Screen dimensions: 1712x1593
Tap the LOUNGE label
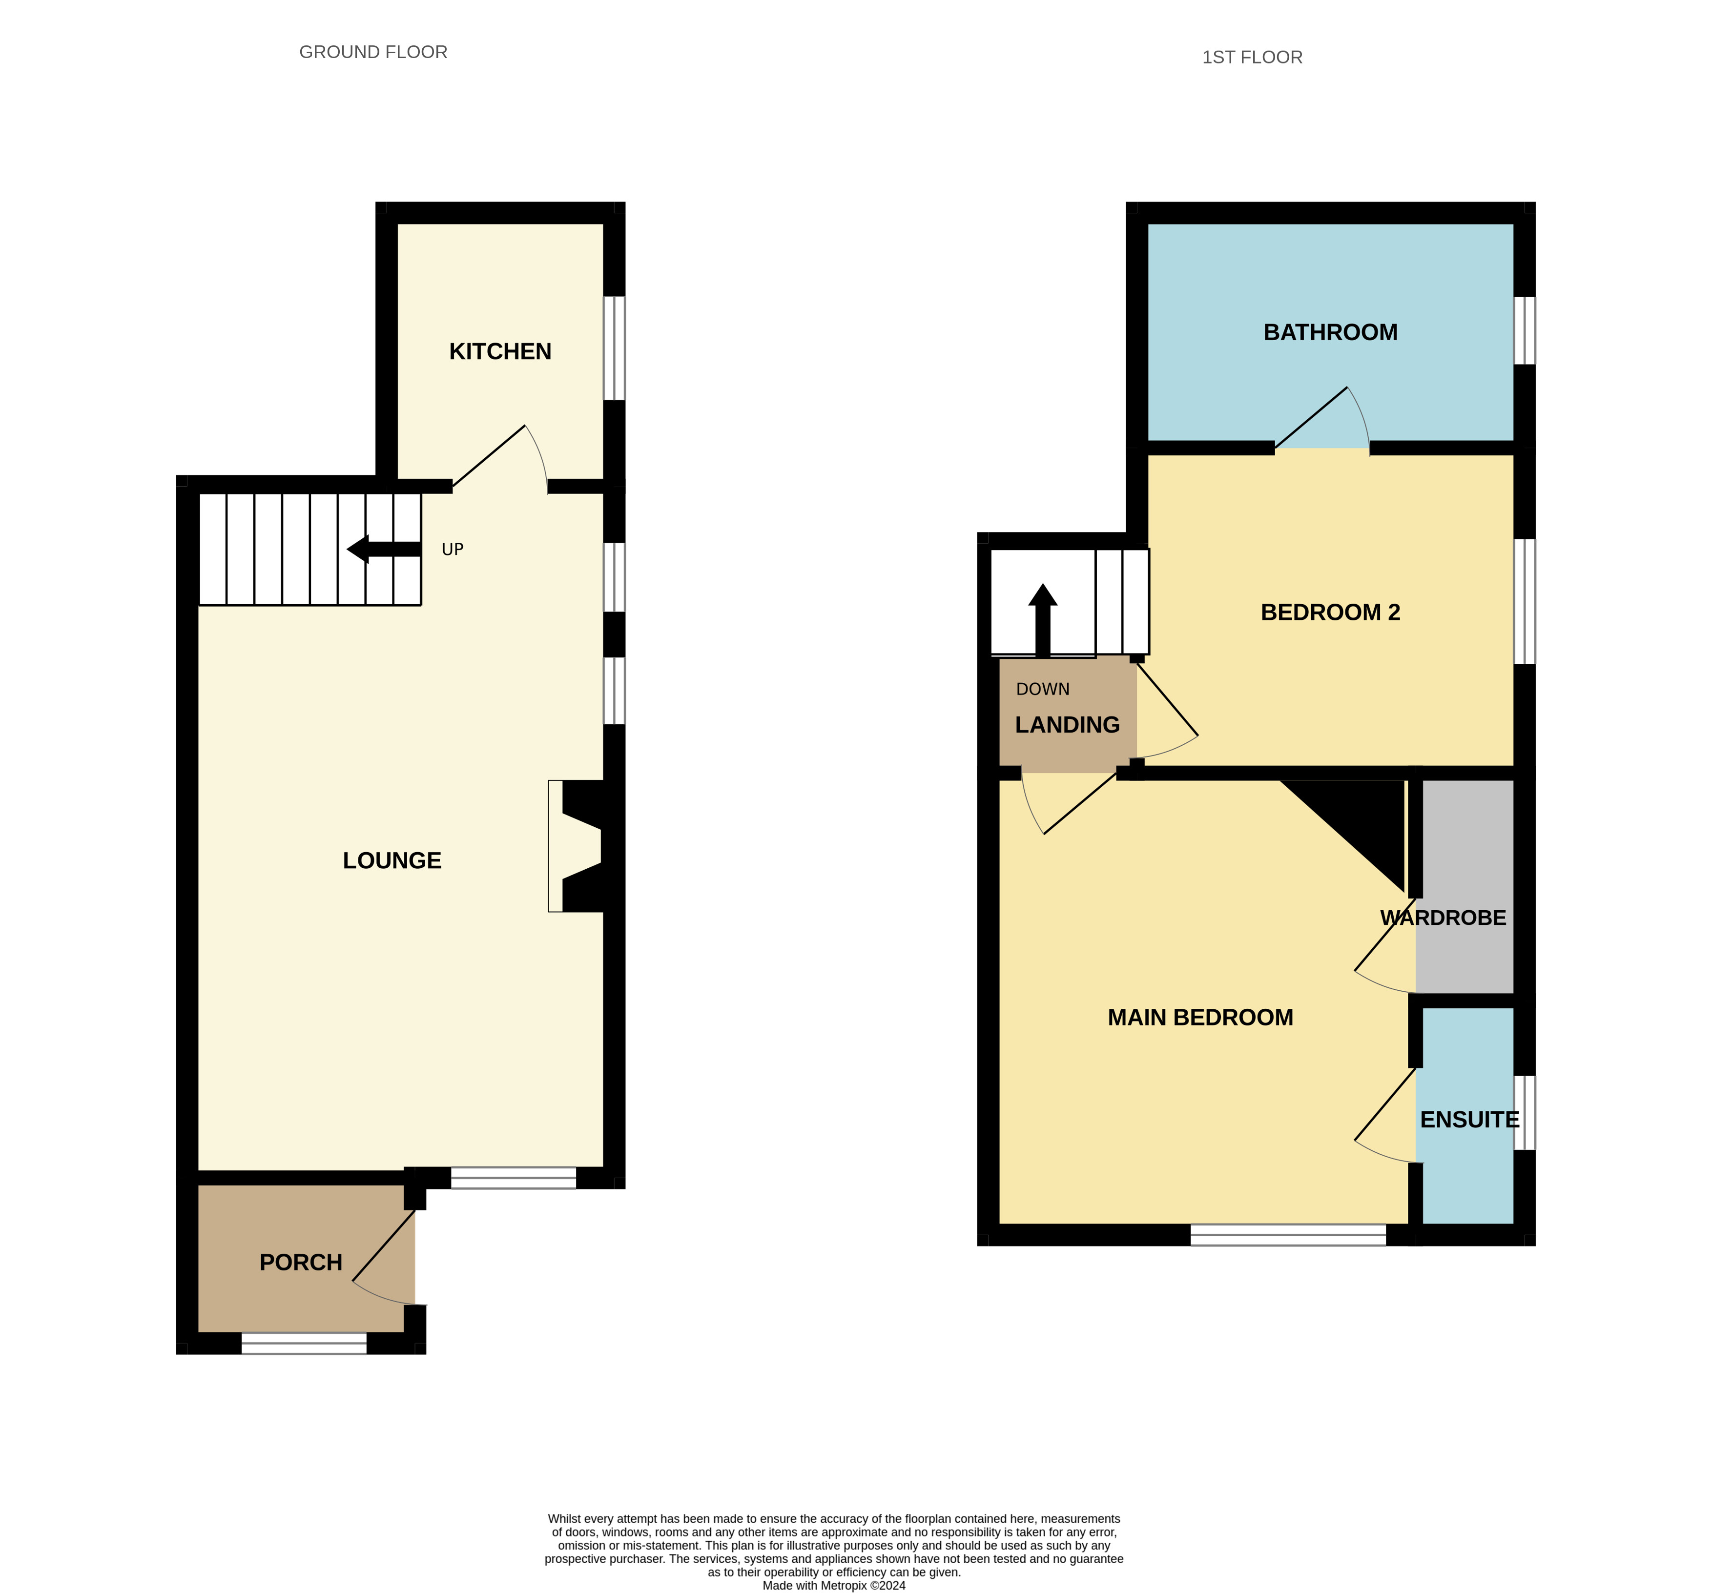[392, 860]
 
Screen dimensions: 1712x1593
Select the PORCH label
[301, 1262]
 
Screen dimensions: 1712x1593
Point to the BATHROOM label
[1331, 332]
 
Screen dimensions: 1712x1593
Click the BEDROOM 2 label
[1331, 612]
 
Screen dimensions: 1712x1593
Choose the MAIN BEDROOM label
[1200, 1017]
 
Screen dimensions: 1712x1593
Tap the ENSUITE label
[1470, 1120]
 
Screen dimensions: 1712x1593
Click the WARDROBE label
[1444, 918]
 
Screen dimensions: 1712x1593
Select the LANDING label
[1067, 725]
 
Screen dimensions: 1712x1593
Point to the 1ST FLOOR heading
[1252, 58]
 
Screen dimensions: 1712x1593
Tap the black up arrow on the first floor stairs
[1043, 620]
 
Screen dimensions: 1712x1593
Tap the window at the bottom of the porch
[304, 1343]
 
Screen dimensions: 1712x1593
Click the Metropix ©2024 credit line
[834, 1585]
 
